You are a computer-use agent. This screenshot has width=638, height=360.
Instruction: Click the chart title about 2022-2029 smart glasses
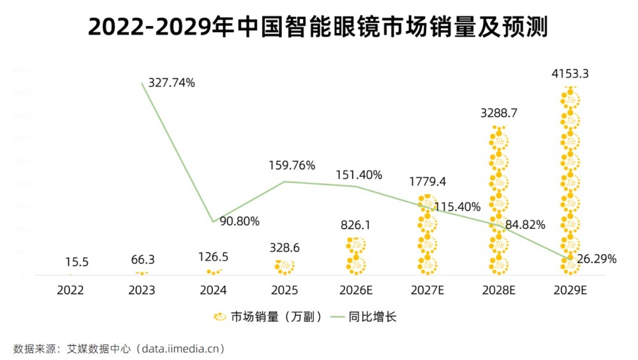click(x=318, y=27)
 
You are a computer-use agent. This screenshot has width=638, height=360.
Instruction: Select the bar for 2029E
click(x=570, y=182)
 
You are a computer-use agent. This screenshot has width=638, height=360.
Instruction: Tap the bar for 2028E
click(x=498, y=201)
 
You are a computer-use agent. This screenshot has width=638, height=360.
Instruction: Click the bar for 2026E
click(x=356, y=256)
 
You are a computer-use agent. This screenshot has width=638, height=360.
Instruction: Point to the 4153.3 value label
click(x=570, y=74)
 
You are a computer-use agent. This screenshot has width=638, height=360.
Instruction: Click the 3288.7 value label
click(x=498, y=114)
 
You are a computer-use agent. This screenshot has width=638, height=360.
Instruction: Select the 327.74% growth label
click(x=171, y=83)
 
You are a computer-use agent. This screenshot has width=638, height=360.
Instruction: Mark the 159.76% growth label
click(x=292, y=165)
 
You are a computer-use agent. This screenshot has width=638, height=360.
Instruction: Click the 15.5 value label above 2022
click(x=77, y=262)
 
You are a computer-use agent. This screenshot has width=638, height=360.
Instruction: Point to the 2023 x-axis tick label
click(x=142, y=290)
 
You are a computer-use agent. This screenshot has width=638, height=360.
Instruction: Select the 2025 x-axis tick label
click(x=285, y=290)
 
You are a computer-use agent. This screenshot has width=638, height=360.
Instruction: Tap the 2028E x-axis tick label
click(x=498, y=290)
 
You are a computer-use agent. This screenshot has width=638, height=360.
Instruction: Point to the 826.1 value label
click(x=356, y=225)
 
